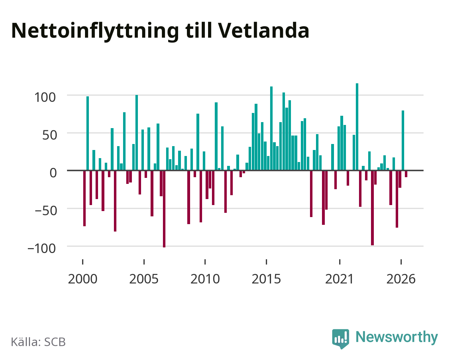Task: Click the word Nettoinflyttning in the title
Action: tap(95, 31)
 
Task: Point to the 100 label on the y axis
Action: tap(45, 97)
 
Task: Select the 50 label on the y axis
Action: tap(50, 135)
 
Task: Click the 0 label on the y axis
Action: tap(53, 173)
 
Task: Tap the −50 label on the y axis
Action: tap(46, 211)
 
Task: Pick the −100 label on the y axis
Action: tap(42, 249)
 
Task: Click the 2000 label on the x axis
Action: tap(83, 279)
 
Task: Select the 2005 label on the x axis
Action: tap(144, 279)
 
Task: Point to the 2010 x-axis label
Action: tap(205, 279)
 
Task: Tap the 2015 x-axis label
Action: tap(266, 279)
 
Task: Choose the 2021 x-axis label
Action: tap(339, 279)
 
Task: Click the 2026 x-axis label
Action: tap(401, 279)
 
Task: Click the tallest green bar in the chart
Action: tap(357, 127)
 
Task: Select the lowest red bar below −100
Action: tap(164, 209)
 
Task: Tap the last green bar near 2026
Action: tap(403, 140)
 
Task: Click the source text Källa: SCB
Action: tap(38, 342)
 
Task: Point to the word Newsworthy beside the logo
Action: tap(397, 337)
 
